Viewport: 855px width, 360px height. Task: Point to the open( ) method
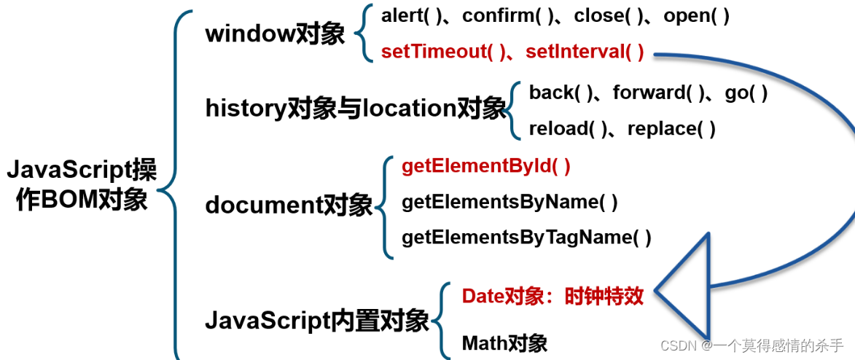(x=696, y=16)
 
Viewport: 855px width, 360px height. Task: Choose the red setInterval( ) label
(x=585, y=52)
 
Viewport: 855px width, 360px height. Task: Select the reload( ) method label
(x=568, y=129)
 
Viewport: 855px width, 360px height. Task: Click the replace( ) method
(x=671, y=129)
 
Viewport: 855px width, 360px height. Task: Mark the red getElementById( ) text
(x=486, y=166)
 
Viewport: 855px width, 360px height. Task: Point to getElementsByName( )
(x=510, y=202)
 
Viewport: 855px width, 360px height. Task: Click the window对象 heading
(x=275, y=34)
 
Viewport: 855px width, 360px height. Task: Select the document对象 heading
(x=289, y=206)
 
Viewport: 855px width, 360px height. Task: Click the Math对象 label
(x=504, y=343)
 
